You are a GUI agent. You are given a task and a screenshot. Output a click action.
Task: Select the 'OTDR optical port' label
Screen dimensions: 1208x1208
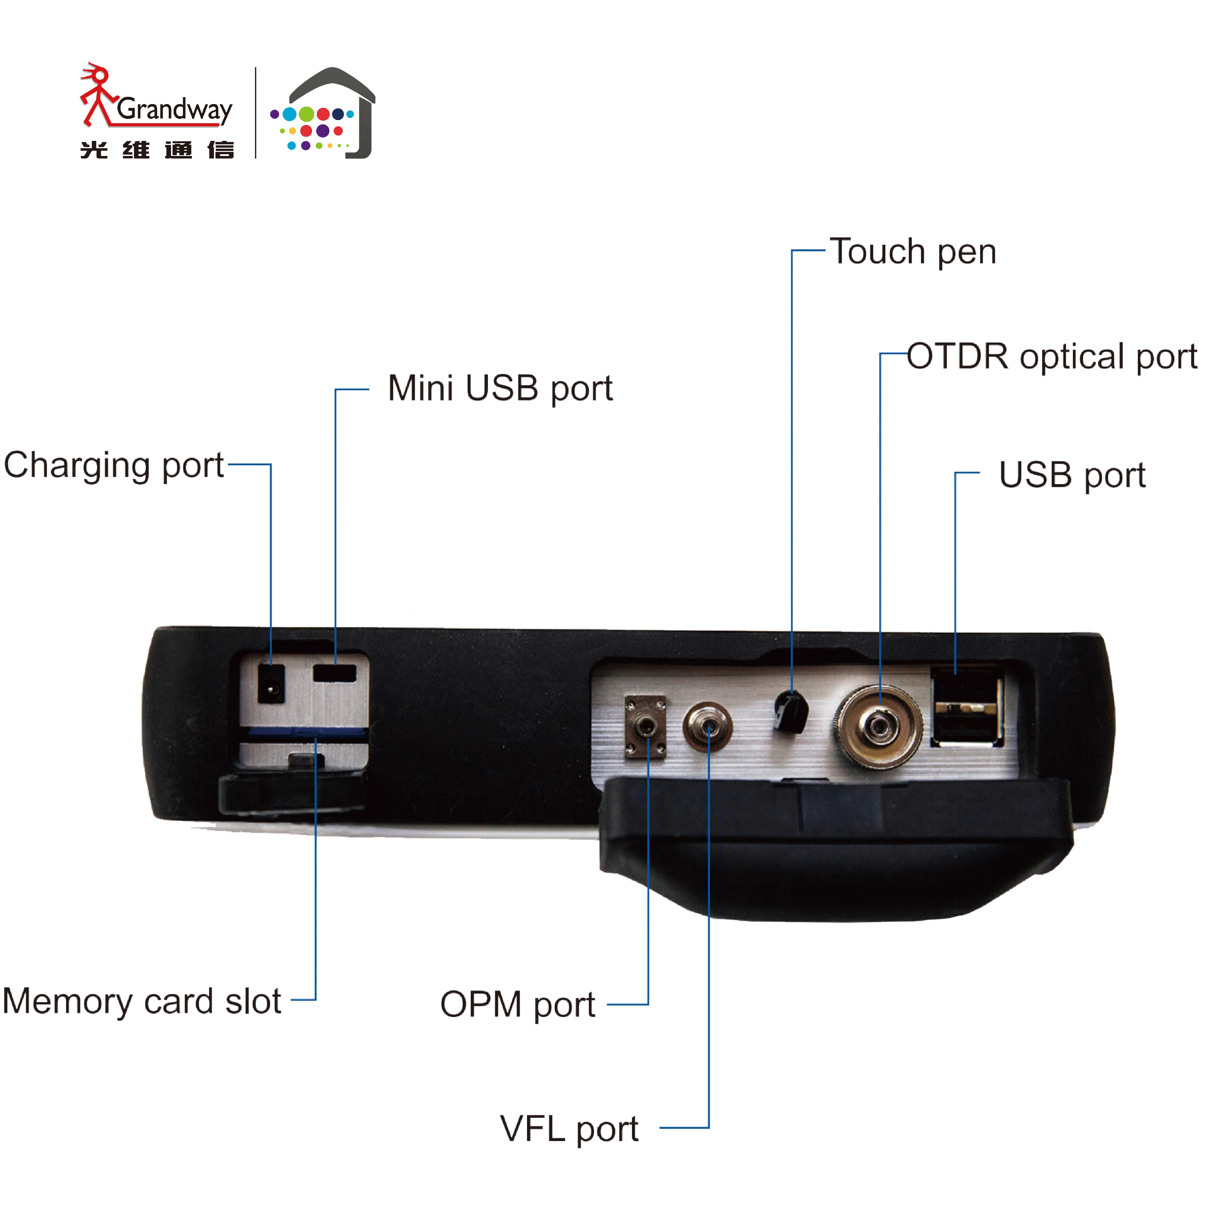point(1052,357)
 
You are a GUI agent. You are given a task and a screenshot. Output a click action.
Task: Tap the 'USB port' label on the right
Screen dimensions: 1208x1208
point(1072,475)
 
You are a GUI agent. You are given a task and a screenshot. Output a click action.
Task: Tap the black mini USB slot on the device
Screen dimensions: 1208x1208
point(335,673)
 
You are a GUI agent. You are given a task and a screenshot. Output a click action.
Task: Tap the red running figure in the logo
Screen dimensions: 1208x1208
point(97,94)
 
